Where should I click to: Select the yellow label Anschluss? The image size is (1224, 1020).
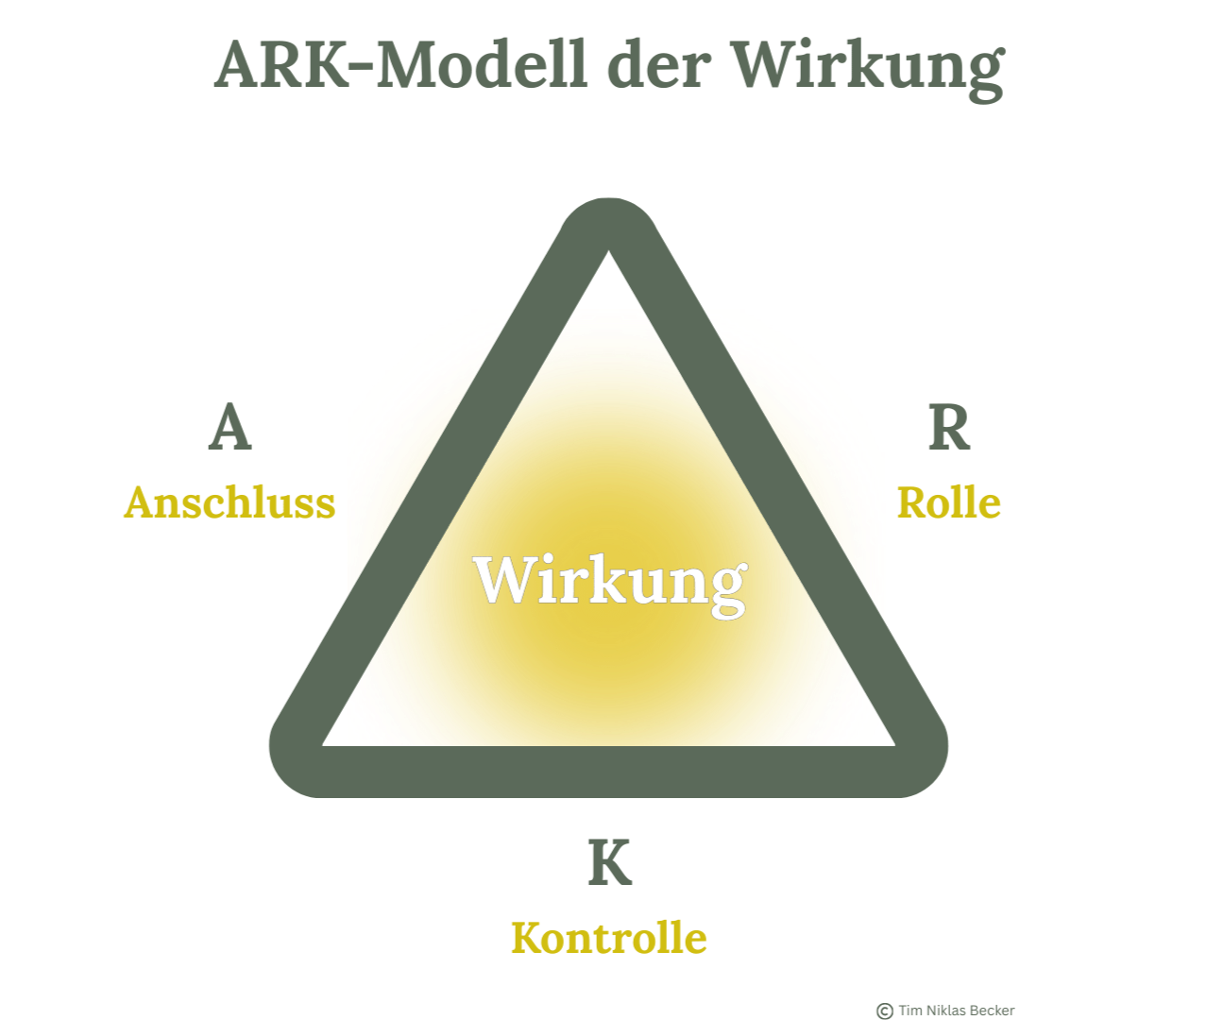click(x=229, y=501)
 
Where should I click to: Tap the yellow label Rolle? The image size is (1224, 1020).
click(x=947, y=501)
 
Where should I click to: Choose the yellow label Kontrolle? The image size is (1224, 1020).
click(x=609, y=938)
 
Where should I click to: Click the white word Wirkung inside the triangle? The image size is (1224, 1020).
click(x=610, y=580)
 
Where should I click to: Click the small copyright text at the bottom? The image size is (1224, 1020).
click(x=942, y=1011)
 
